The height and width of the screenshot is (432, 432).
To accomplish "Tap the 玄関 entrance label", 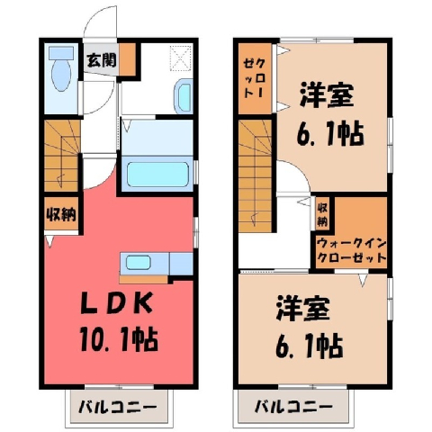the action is (x=102, y=60).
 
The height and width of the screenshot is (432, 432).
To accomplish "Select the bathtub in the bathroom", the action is (x=157, y=174).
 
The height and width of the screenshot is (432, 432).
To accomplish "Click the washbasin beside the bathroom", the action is (x=184, y=96).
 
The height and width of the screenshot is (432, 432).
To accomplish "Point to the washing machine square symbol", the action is (x=181, y=58).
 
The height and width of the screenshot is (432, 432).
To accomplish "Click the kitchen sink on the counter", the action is (x=138, y=263).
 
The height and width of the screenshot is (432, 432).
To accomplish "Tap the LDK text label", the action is (x=116, y=303).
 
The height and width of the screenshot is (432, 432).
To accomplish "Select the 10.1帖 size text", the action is (x=119, y=340).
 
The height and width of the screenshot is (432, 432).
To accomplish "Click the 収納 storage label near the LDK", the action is (x=61, y=214).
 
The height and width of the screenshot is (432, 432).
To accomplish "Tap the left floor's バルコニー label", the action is (x=118, y=408).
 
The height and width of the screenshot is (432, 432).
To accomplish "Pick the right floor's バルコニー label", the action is (x=293, y=407).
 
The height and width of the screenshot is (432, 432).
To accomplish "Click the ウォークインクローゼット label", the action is (x=351, y=250).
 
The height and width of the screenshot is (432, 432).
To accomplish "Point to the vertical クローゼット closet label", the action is (x=255, y=78).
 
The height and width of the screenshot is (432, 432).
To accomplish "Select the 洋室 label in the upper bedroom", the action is (x=327, y=95).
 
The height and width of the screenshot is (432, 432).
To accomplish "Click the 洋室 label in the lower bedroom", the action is (x=303, y=309).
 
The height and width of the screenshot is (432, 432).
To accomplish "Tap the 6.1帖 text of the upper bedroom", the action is (x=330, y=133).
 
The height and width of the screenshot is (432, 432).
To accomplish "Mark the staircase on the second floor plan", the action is (x=255, y=175).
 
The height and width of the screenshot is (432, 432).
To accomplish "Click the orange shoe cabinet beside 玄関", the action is (x=126, y=58).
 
